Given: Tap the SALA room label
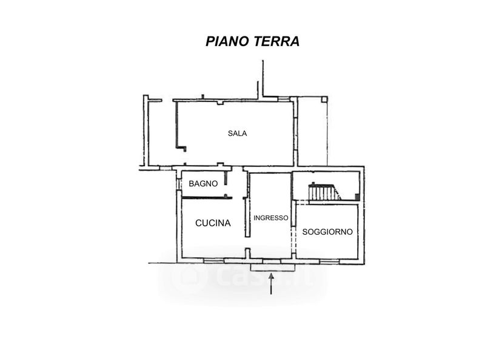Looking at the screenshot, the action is click(x=237, y=133).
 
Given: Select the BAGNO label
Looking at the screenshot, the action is click(x=203, y=184).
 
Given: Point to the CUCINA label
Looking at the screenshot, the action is click(x=213, y=223).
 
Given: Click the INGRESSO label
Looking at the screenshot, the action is click(x=271, y=218).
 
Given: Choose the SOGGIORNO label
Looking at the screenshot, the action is click(x=327, y=232).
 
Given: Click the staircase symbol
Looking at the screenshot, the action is click(x=324, y=192).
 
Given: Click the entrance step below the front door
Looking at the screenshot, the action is click(x=272, y=266).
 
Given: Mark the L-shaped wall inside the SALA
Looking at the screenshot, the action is click(x=178, y=127).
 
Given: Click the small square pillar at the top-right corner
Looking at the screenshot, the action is click(x=324, y=99).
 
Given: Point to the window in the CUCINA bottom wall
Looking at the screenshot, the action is click(x=213, y=261).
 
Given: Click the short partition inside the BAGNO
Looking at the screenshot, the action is click(x=226, y=178).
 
